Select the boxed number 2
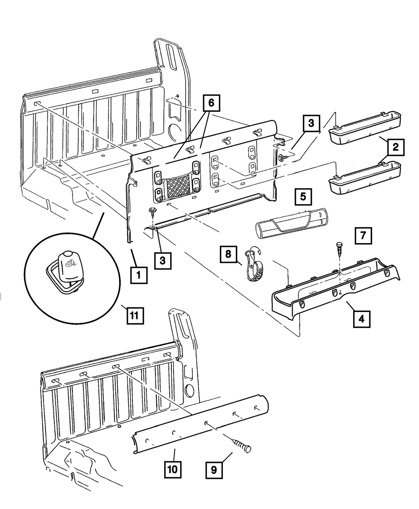point(396,147)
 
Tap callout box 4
point(361,319)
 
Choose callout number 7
point(363,236)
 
